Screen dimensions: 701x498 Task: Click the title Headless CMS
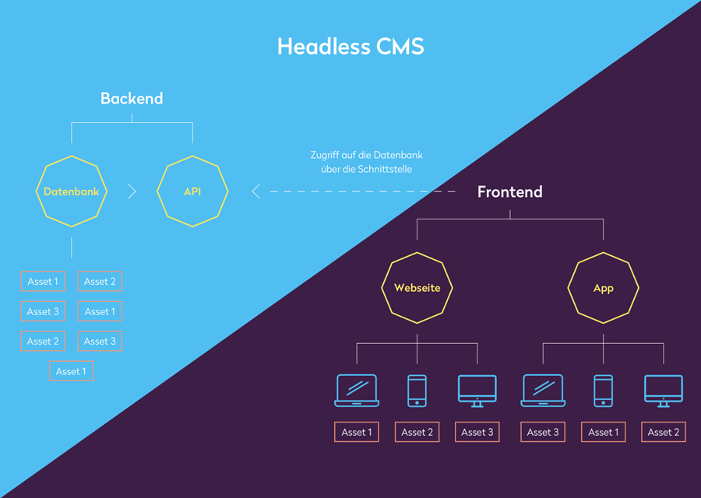point(350,47)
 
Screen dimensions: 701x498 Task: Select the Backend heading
point(132,98)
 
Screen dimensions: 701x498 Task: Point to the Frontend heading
point(509,191)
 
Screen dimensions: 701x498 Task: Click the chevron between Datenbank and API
point(132,191)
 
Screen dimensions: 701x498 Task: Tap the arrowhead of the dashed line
point(255,191)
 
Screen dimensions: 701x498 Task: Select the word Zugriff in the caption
point(325,155)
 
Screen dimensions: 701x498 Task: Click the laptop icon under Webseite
point(357,391)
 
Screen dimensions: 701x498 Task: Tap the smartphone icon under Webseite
point(417,391)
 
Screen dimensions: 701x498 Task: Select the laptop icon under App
point(543,391)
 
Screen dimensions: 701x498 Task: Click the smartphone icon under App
point(604,391)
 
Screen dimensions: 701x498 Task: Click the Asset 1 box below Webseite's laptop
point(357,432)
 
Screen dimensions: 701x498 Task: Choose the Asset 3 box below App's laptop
point(543,432)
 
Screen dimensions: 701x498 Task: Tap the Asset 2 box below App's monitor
point(664,432)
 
